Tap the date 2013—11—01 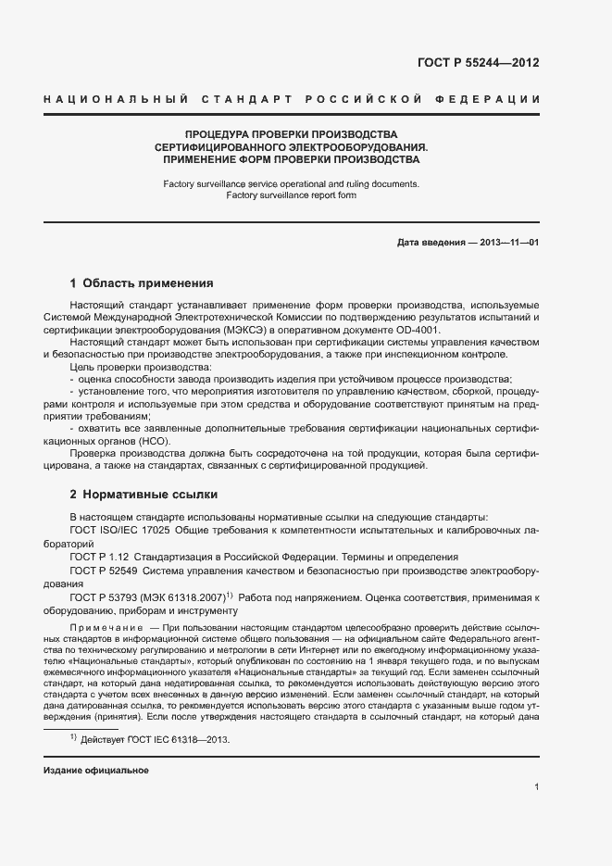coord(509,242)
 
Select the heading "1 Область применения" coord(142,283)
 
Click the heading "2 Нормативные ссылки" coord(138,495)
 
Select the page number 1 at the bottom coord(537,787)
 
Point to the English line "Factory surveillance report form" coord(292,195)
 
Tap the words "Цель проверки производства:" coord(127,368)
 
